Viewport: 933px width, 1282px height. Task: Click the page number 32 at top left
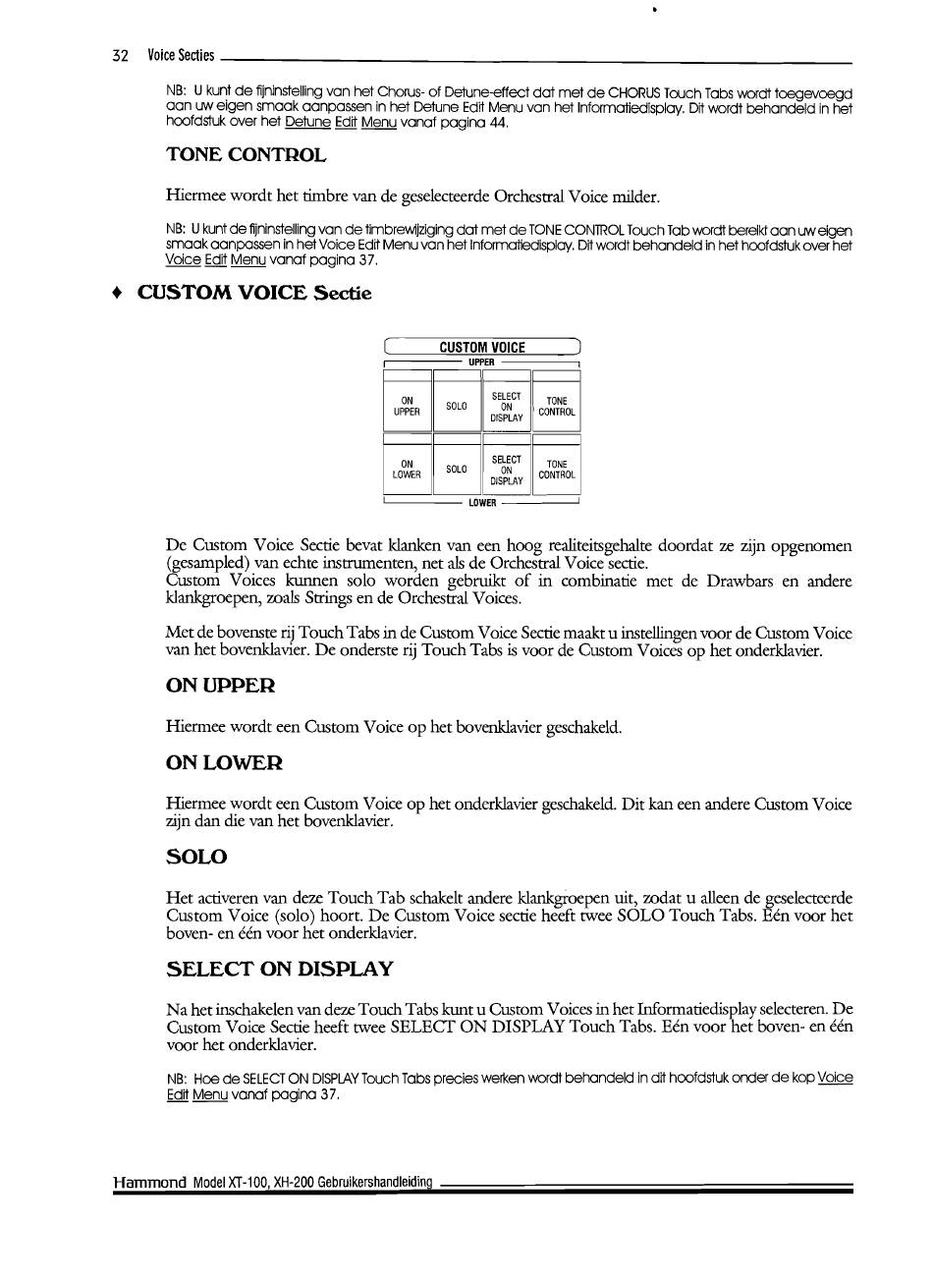pyautogui.click(x=122, y=55)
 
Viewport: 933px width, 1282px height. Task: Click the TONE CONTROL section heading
pyautogui.click(x=246, y=155)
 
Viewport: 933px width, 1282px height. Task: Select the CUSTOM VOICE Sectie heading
pyautogui.click(x=254, y=293)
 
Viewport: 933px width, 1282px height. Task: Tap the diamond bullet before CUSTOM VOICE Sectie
pyautogui.click(x=118, y=293)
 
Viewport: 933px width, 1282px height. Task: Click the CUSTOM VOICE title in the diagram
pyautogui.click(x=481, y=347)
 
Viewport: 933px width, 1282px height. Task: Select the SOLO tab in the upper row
pyautogui.click(x=457, y=406)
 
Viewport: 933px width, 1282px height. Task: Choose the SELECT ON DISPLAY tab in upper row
pyautogui.click(x=506, y=407)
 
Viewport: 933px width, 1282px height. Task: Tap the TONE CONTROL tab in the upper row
pyautogui.click(x=557, y=407)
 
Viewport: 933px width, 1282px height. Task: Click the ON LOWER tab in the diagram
pyautogui.click(x=407, y=470)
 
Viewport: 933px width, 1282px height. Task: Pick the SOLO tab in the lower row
pyautogui.click(x=457, y=470)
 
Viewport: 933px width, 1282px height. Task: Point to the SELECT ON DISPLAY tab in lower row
pyautogui.click(x=506, y=471)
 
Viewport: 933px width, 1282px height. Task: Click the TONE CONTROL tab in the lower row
pyautogui.click(x=557, y=470)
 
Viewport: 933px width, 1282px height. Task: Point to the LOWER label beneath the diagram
pyautogui.click(x=482, y=503)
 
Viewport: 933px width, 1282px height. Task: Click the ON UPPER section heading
pyautogui.click(x=221, y=685)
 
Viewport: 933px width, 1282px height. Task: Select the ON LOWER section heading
pyautogui.click(x=225, y=762)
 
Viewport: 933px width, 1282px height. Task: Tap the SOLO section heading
pyautogui.click(x=196, y=857)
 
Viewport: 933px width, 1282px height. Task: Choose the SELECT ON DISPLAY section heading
pyautogui.click(x=280, y=969)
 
